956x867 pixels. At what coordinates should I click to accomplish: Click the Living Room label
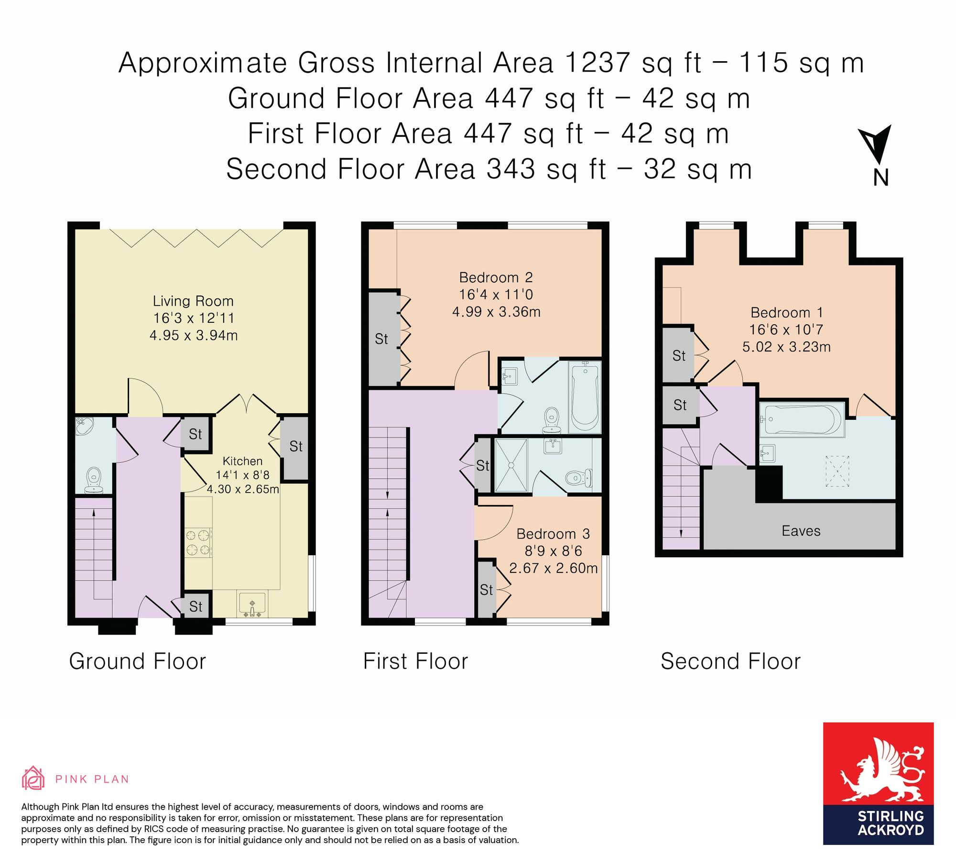(x=193, y=301)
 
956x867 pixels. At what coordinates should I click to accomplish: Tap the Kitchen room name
(x=242, y=461)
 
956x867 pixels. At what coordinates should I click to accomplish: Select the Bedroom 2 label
(x=496, y=277)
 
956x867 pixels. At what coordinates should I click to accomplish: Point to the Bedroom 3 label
(x=553, y=534)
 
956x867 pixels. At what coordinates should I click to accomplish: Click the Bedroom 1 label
(x=786, y=313)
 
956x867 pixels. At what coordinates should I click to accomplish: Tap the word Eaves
(x=801, y=531)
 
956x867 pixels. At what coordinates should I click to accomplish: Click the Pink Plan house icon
(x=33, y=778)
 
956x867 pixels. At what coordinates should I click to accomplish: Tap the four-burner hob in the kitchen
(x=198, y=542)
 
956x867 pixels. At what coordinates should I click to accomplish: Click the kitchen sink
(x=252, y=604)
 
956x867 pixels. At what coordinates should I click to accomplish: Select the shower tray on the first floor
(x=511, y=465)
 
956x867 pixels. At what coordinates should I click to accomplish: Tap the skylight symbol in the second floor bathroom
(x=837, y=471)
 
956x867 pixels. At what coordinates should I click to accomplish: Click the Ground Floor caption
(x=138, y=661)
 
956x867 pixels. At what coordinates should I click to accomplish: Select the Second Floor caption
(x=730, y=661)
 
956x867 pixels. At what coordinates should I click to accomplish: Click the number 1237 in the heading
(x=597, y=63)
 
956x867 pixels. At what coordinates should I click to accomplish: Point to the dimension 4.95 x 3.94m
(x=194, y=335)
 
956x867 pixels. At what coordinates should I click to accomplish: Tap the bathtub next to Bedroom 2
(x=585, y=396)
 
